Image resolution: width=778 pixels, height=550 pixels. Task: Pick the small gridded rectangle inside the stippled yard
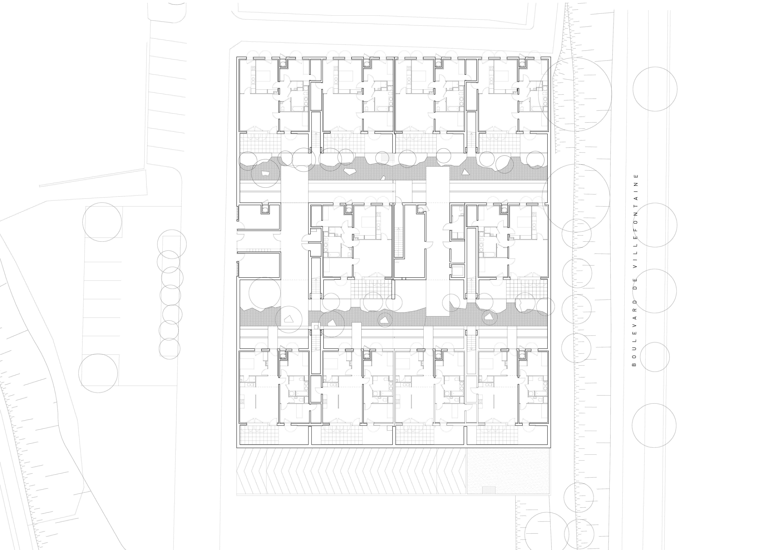(489, 490)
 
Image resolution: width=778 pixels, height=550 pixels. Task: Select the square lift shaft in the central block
(458, 271)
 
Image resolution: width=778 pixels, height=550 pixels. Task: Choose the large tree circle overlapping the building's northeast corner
(575, 95)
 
